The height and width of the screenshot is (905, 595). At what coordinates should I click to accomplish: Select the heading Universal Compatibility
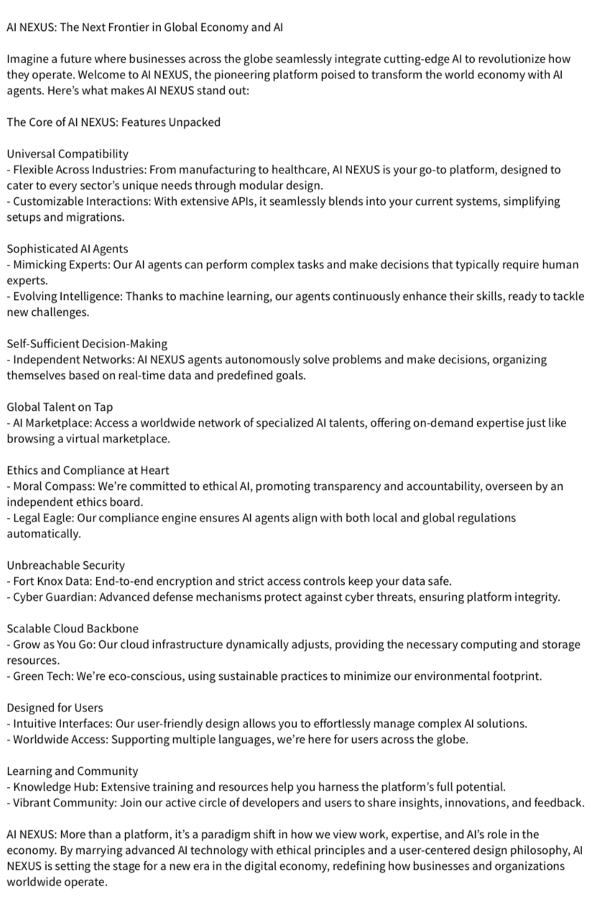point(68,154)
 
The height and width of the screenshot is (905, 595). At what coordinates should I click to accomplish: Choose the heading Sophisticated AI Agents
point(68,249)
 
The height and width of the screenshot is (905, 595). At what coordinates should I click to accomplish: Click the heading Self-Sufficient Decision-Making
point(87,344)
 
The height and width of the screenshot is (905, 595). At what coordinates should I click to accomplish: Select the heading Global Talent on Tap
point(60,407)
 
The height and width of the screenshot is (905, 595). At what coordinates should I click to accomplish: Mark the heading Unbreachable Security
point(65,565)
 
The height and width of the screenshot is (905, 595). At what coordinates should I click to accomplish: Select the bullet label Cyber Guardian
point(50,597)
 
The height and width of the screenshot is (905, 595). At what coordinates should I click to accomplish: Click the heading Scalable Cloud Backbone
point(73,629)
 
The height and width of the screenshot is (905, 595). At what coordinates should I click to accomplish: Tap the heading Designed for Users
point(55,708)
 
